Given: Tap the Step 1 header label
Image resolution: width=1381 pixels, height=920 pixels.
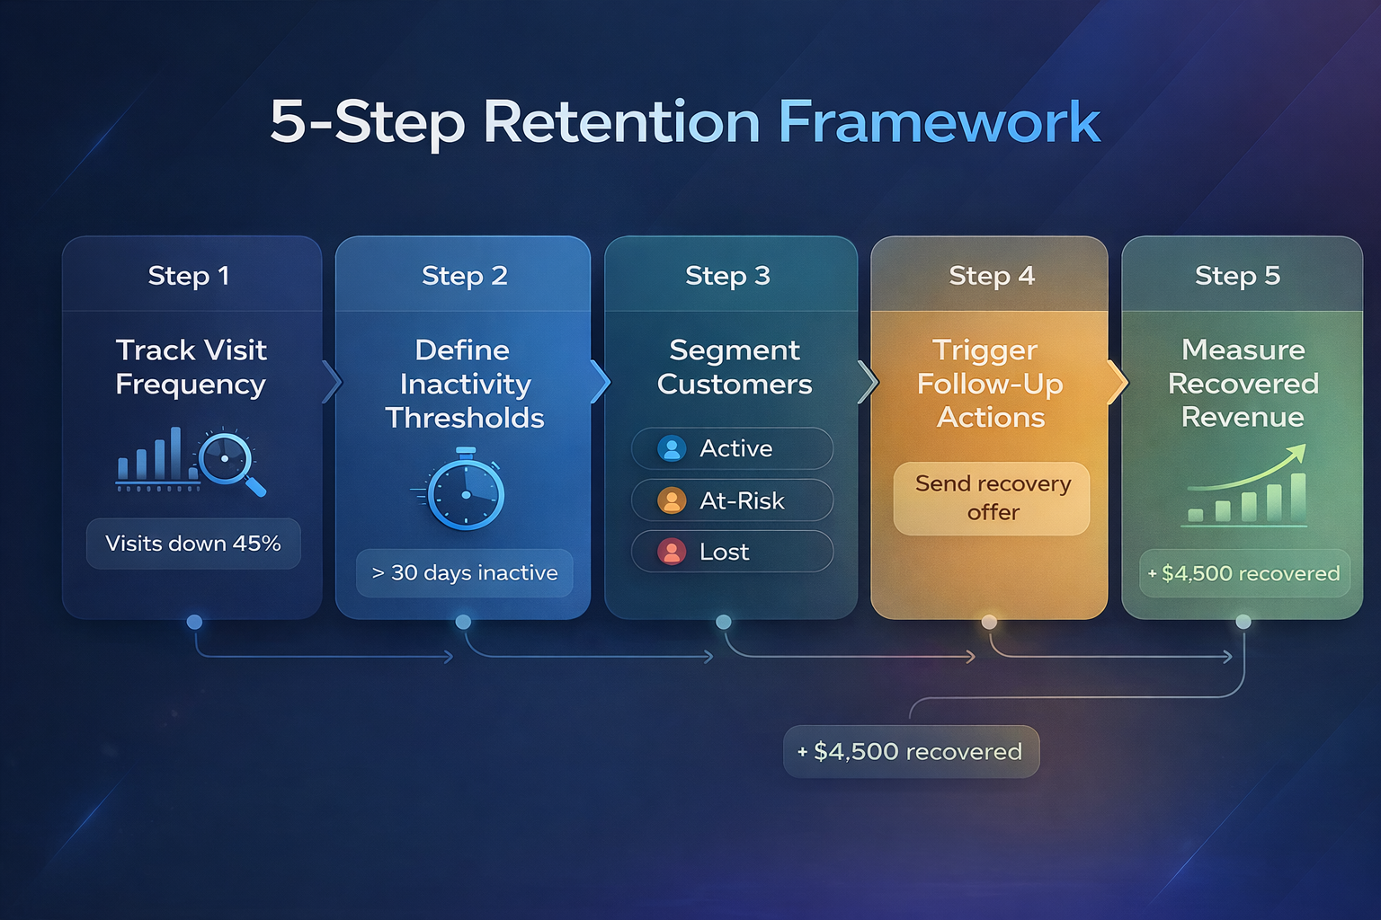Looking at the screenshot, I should pyautogui.click(x=189, y=275).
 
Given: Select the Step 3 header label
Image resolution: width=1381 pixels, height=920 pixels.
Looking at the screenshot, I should pyautogui.click(x=727, y=275).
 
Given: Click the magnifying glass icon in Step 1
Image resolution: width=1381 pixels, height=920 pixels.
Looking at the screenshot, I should pyautogui.click(x=230, y=462).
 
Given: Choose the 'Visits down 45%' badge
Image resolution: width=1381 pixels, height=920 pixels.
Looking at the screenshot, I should pyautogui.click(x=193, y=544).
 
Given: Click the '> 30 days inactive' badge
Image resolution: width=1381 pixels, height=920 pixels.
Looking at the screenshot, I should pyautogui.click(x=465, y=573).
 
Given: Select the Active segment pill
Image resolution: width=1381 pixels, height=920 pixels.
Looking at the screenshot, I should pyautogui.click(x=732, y=448).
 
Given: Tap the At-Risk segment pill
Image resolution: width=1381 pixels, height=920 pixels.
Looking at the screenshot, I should pyautogui.click(x=732, y=500).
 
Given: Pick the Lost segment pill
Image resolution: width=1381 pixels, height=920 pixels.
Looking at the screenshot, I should pyautogui.click(x=732, y=552).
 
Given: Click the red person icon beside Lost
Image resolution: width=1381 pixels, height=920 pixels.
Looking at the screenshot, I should pyautogui.click(x=672, y=552).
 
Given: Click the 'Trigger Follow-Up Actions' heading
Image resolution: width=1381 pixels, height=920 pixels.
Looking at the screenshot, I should pyautogui.click(x=990, y=384).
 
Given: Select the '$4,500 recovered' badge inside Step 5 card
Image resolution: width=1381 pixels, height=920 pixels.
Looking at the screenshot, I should pyautogui.click(x=1244, y=573).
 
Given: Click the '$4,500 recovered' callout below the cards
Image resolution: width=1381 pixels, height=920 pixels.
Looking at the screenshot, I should pyautogui.click(x=911, y=751).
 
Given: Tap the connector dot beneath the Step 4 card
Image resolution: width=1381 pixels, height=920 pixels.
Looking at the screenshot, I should pyautogui.click(x=989, y=622).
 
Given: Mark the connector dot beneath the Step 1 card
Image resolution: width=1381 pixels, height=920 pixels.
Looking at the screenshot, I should pyautogui.click(x=194, y=622).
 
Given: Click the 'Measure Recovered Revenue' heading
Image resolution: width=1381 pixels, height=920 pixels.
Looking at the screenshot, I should pyautogui.click(x=1243, y=384).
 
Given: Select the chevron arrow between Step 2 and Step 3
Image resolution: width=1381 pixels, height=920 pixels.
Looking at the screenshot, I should pyautogui.click(x=600, y=383).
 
